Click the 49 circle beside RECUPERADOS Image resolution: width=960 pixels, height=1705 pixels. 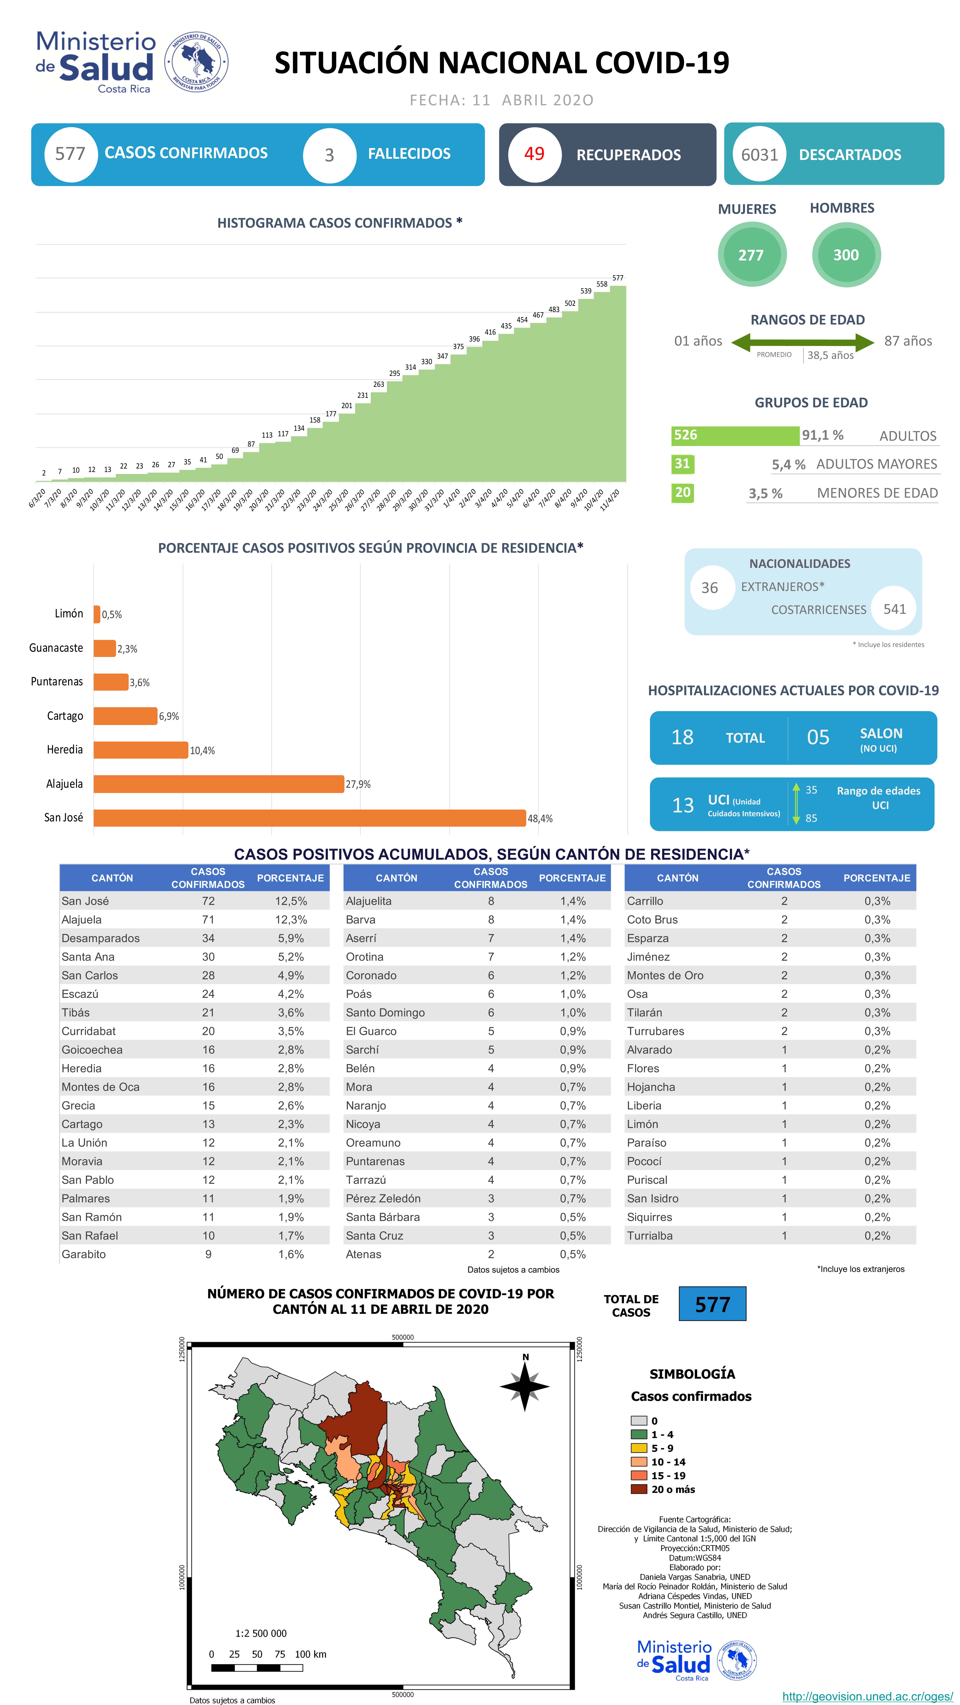[534, 154]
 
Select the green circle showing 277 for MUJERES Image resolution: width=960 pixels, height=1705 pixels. [751, 255]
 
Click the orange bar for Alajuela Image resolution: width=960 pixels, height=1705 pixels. [218, 784]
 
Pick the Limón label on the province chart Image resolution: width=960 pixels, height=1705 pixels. [69, 614]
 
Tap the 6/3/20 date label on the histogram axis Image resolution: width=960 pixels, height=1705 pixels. [37, 498]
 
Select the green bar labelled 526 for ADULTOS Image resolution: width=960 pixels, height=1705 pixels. [734, 436]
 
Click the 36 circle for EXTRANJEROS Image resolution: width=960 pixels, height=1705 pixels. [709, 588]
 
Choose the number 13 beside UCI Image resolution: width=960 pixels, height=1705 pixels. [683, 805]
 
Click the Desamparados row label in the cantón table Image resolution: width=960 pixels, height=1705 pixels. [101, 938]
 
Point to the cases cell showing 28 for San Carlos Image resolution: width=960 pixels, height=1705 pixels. [208, 975]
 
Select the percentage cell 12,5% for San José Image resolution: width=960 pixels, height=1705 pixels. [291, 901]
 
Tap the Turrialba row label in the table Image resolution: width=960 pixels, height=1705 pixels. [650, 1235]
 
